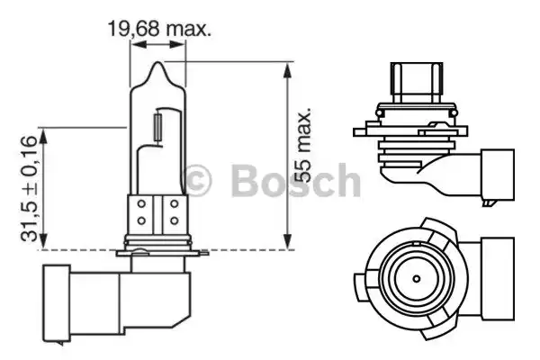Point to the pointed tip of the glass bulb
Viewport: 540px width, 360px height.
tap(160, 66)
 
